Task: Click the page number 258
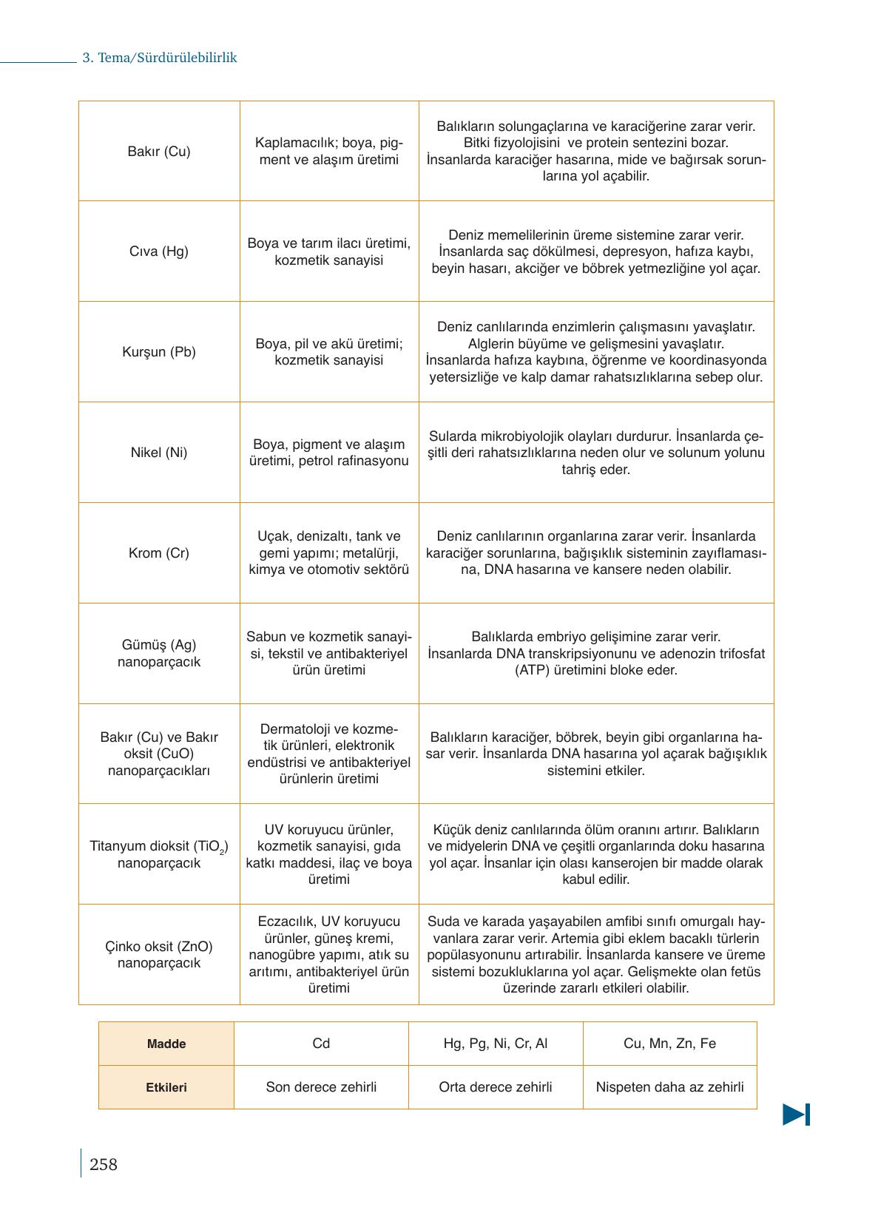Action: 103,1165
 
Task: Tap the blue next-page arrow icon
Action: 796,1114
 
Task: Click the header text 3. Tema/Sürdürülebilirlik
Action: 159,58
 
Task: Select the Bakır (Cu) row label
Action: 159,152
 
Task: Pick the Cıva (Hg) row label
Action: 159,251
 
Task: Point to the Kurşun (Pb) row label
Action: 159,352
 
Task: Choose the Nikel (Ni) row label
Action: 159,453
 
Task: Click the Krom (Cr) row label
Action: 159,553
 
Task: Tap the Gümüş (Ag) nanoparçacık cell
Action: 159,654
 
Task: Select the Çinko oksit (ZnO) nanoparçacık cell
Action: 159,955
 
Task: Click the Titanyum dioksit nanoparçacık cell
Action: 159,854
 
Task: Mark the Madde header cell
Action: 166,1044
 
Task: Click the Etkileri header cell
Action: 166,1088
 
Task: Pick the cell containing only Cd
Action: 321,1044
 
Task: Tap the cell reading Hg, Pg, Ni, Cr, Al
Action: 496,1044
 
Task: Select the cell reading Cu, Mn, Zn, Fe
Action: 670,1044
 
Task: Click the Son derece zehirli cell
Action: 321,1087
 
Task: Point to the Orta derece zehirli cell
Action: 496,1087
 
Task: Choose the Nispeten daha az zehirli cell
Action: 670,1087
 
